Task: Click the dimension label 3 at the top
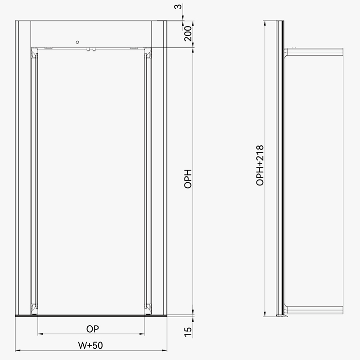pos(178,6)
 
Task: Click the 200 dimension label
pos(188,33)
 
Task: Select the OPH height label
pos(188,179)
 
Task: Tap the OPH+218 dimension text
pos(260,165)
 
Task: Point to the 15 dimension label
pos(188,332)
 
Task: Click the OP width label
pos(93,329)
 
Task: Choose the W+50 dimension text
pos(90,345)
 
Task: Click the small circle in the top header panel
pos(77,42)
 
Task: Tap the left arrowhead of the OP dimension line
pos(40,334)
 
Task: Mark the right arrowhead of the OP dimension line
pos(142,334)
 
